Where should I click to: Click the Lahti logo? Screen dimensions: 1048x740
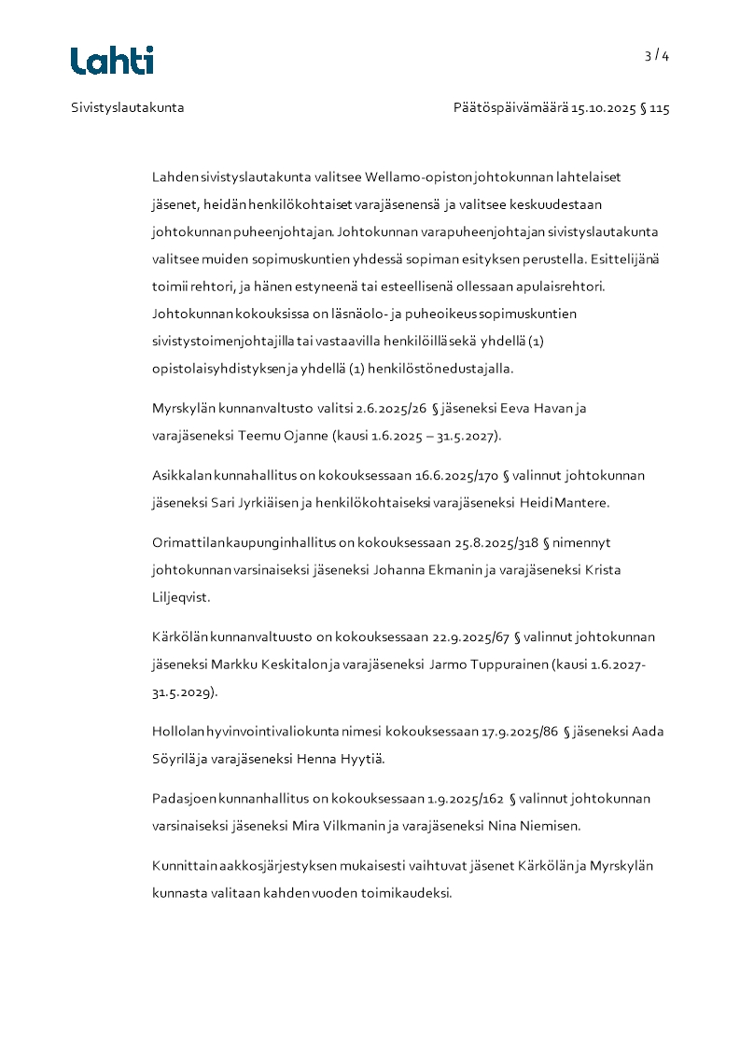pos(112,61)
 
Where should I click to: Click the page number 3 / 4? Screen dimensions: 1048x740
pos(657,55)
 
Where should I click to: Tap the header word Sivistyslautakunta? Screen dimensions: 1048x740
pos(128,107)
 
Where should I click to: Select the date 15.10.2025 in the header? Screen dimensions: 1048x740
pos(603,107)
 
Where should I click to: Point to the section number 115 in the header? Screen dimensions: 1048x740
pos(660,107)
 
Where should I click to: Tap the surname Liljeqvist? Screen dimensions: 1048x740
pos(181,596)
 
